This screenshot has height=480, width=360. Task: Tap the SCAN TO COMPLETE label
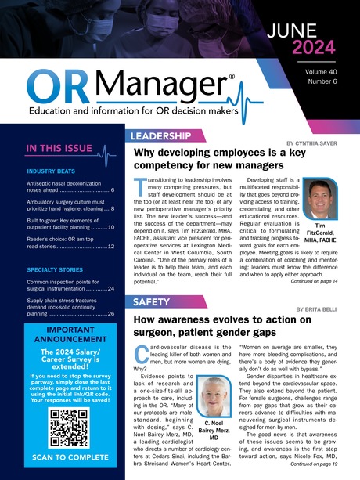pyautogui.click(x=63, y=457)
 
